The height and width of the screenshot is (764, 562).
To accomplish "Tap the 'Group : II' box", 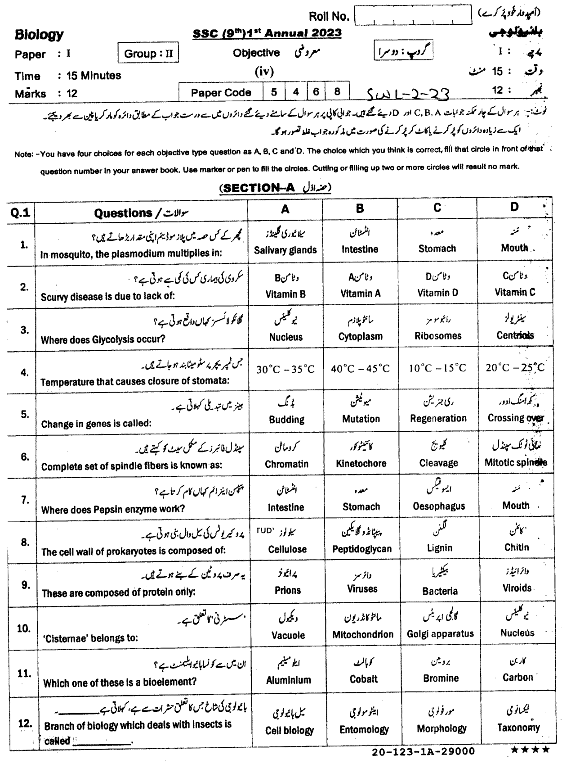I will [x=148, y=54].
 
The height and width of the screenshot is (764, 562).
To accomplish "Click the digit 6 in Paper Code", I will [x=316, y=92].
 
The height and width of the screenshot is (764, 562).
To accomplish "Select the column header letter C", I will [x=437, y=208].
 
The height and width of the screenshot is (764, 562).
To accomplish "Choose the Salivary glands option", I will [x=285, y=250].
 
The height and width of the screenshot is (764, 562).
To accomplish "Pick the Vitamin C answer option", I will [x=515, y=292].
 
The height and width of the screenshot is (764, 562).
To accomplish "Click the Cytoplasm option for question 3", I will [x=360, y=336].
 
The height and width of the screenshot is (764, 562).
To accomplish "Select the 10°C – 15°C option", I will [x=437, y=368].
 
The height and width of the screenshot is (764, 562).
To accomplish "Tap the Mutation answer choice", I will [x=361, y=419].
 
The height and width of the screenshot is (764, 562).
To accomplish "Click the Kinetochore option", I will [x=361, y=463].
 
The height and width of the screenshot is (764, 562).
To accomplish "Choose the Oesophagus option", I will [x=439, y=506].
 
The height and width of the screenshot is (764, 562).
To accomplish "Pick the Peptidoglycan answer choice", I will [x=361, y=549].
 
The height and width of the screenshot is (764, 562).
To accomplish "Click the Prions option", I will [x=287, y=590].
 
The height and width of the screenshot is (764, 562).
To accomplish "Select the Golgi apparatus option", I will [x=440, y=634].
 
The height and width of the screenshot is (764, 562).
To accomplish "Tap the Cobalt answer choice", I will [x=363, y=679].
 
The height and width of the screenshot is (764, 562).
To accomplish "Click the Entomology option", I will [x=364, y=729].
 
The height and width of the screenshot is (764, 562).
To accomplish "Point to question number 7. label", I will [x=25, y=500].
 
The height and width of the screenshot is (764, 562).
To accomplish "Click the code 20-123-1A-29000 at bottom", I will [x=423, y=751].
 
